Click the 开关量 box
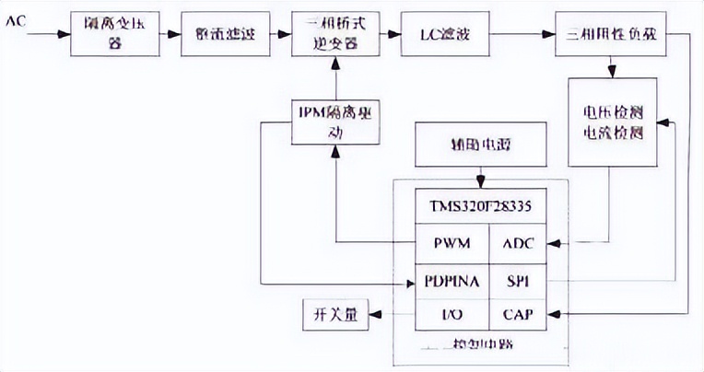[x=334, y=315]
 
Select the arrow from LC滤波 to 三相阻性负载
[x=518, y=34]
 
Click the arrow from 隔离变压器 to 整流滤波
[x=166, y=34]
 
